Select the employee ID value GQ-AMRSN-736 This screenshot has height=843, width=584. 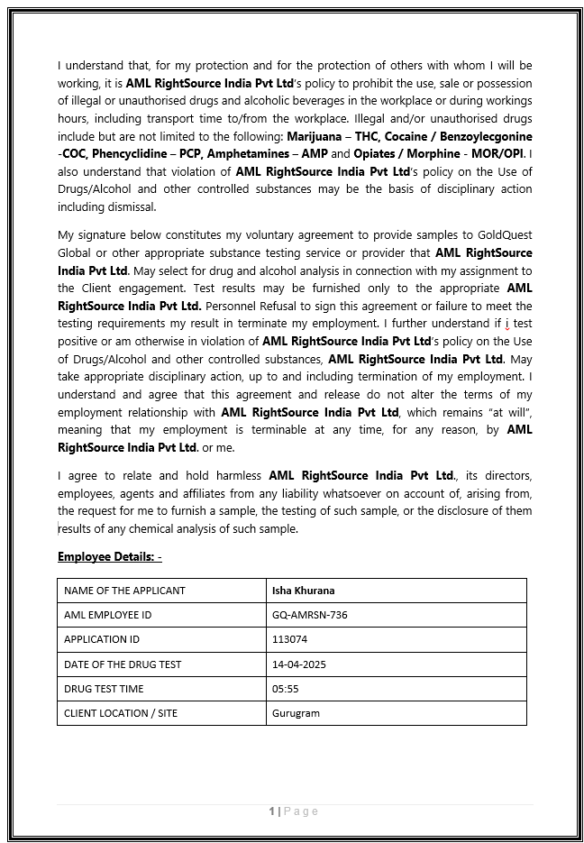click(x=309, y=615)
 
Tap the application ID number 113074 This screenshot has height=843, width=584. click(x=289, y=639)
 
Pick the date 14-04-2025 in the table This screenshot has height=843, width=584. click(x=298, y=664)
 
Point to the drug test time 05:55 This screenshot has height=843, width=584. click(x=285, y=689)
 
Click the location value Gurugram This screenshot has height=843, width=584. click(x=296, y=713)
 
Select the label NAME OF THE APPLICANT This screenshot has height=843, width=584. click(x=124, y=591)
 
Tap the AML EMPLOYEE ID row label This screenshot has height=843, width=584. click(x=108, y=615)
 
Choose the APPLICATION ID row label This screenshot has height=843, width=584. click(x=102, y=639)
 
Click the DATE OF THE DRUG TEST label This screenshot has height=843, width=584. click(x=123, y=664)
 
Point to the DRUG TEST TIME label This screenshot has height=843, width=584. click(x=104, y=689)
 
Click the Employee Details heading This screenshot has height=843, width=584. click(x=109, y=556)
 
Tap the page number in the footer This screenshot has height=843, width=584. click(x=271, y=811)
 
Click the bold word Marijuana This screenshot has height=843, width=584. click(x=315, y=136)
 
